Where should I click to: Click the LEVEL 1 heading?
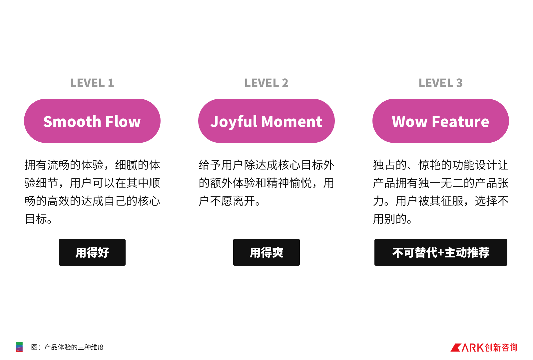[92, 83]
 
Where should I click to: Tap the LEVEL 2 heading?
[266, 83]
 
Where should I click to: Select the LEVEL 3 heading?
[440, 83]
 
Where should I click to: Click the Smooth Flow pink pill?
[92, 121]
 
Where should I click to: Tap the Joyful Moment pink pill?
[266, 121]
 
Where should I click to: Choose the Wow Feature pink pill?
[440, 121]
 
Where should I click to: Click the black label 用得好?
[92, 252]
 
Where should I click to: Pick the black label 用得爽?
[266, 252]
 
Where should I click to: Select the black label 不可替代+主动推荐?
[441, 252]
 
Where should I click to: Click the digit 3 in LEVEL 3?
[459, 83]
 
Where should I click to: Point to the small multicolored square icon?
[19, 347]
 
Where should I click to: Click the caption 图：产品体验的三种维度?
[68, 347]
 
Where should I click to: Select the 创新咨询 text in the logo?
[501, 348]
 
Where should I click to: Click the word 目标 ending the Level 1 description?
[36, 219]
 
